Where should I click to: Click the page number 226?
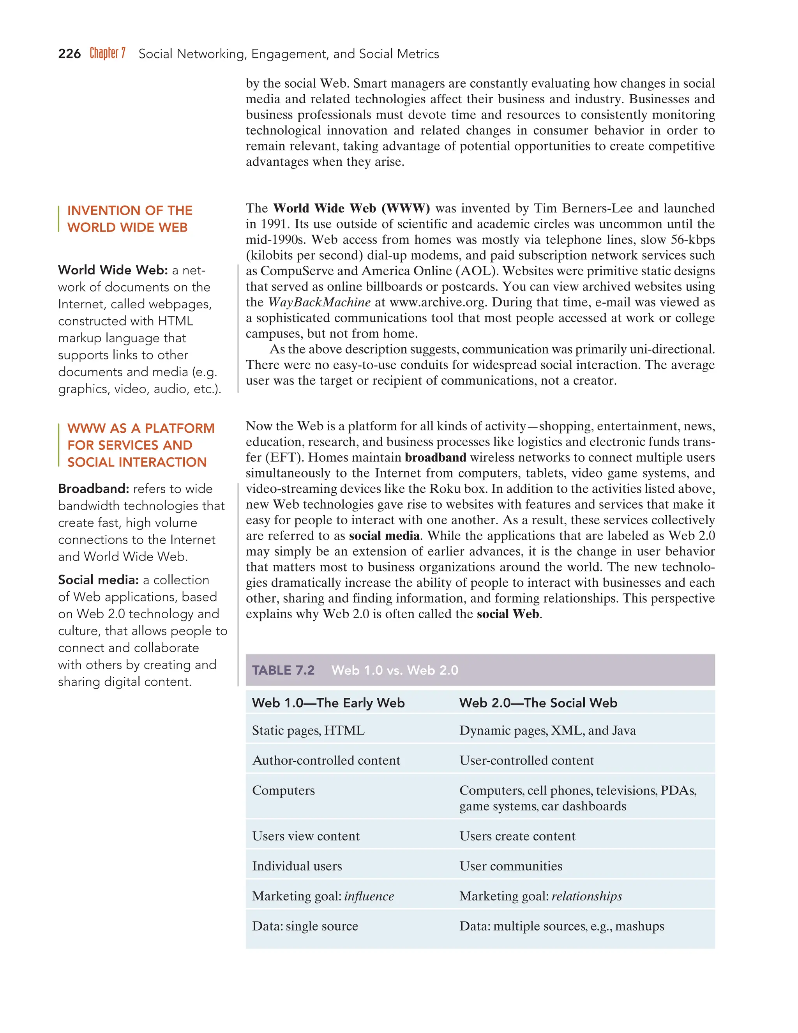69,54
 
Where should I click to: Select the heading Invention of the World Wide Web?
129,219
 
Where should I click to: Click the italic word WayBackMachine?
319,302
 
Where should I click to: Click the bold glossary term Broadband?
93,488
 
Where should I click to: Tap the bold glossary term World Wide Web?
113,270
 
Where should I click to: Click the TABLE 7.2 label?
283,670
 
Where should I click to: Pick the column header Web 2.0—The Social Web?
538,703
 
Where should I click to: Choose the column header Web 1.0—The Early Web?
328,703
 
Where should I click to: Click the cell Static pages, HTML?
308,731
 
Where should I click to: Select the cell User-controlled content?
526,761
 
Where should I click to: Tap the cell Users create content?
517,836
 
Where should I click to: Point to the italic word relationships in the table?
587,896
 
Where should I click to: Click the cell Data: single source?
305,926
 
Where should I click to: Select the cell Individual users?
297,866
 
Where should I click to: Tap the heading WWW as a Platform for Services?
140,445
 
